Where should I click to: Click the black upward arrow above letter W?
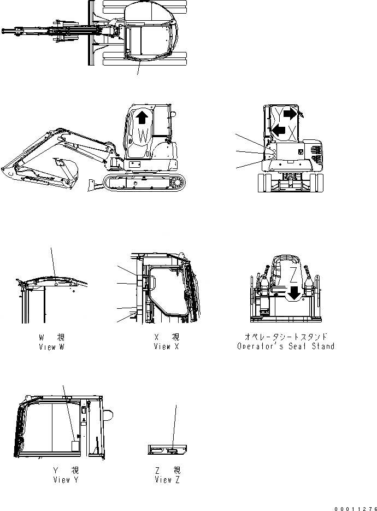pos(143,116)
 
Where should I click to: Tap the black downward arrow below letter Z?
pos(294,293)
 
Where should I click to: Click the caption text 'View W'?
pos(52,347)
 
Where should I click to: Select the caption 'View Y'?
pos(66,480)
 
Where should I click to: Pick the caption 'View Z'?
pos(167,480)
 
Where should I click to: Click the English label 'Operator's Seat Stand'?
pos(286,346)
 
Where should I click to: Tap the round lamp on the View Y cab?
pos(109,415)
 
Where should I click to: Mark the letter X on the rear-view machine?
pos(293,132)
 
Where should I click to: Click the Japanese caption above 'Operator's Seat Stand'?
pos(286,337)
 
